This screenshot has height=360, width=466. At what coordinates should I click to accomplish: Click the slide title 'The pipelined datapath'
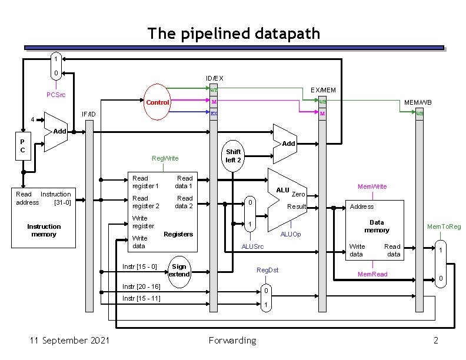[234, 33]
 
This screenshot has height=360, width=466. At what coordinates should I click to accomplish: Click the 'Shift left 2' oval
[234, 156]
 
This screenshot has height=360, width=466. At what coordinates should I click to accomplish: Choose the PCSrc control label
[56, 95]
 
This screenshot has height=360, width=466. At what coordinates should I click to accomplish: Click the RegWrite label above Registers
[165, 158]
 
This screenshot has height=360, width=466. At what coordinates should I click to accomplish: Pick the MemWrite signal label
[373, 186]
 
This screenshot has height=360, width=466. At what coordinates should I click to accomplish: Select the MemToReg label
[444, 226]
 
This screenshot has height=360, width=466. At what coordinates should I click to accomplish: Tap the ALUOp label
[291, 234]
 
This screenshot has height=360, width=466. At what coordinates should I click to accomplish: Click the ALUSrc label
[253, 246]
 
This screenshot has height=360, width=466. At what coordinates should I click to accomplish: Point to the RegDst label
[268, 270]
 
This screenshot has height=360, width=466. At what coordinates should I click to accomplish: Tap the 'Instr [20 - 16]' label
[141, 286]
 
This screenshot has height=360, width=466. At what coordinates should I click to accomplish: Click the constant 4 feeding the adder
[33, 120]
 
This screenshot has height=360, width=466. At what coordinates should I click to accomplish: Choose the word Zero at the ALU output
[298, 194]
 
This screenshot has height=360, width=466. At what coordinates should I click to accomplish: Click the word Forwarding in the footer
[232, 341]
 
